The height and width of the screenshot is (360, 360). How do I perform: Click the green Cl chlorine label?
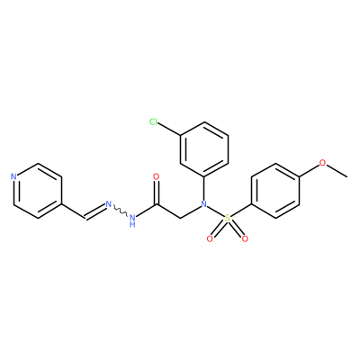154,121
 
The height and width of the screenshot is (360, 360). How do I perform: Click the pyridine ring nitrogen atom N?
13,176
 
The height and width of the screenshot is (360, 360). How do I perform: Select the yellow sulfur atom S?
228,218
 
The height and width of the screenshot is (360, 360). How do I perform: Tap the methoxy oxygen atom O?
322,163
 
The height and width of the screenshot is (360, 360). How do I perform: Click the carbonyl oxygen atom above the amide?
156,176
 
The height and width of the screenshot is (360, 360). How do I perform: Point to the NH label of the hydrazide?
132,220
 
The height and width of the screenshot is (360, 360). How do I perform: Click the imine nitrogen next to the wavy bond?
109,204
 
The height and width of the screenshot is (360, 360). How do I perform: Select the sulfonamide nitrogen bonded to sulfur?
204,204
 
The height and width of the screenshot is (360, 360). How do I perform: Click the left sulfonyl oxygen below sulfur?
210,238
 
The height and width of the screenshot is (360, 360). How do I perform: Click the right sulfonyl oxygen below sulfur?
245,238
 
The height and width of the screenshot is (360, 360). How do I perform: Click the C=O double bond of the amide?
156,193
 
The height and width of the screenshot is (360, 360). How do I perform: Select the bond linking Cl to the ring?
169,130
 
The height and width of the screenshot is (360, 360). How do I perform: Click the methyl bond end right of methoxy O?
347,176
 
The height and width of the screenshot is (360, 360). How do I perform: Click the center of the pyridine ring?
38,191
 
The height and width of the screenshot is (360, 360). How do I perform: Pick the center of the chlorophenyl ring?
204,149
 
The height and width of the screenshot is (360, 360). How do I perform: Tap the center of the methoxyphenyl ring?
275,191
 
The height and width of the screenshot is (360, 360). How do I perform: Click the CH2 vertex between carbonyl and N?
180,219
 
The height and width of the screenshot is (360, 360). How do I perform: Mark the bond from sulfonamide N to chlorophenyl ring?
204,189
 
